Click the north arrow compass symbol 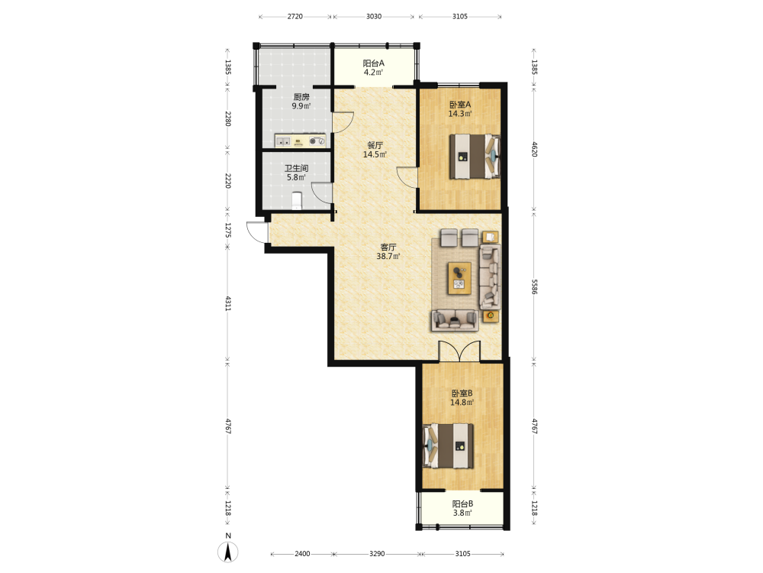coord(227,552)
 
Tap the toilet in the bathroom coord(296,200)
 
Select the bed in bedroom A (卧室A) coord(475,157)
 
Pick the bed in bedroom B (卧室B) coord(448,446)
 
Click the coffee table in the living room coord(459,278)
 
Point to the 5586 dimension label coord(534,286)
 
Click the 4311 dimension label coord(227,303)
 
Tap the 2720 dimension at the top coord(295,16)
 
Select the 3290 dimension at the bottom coord(377,553)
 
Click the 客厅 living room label coord(388,247)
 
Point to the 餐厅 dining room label coord(375,145)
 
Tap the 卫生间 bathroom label coord(296,169)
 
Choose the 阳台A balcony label coord(374,63)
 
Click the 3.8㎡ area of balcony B coord(462,513)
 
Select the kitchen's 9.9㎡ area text coord(301,105)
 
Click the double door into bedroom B coord(459,351)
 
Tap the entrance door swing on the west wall coord(256,232)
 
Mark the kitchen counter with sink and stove coord(300,141)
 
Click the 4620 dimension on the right coord(534,149)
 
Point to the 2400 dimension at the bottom coord(302,553)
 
